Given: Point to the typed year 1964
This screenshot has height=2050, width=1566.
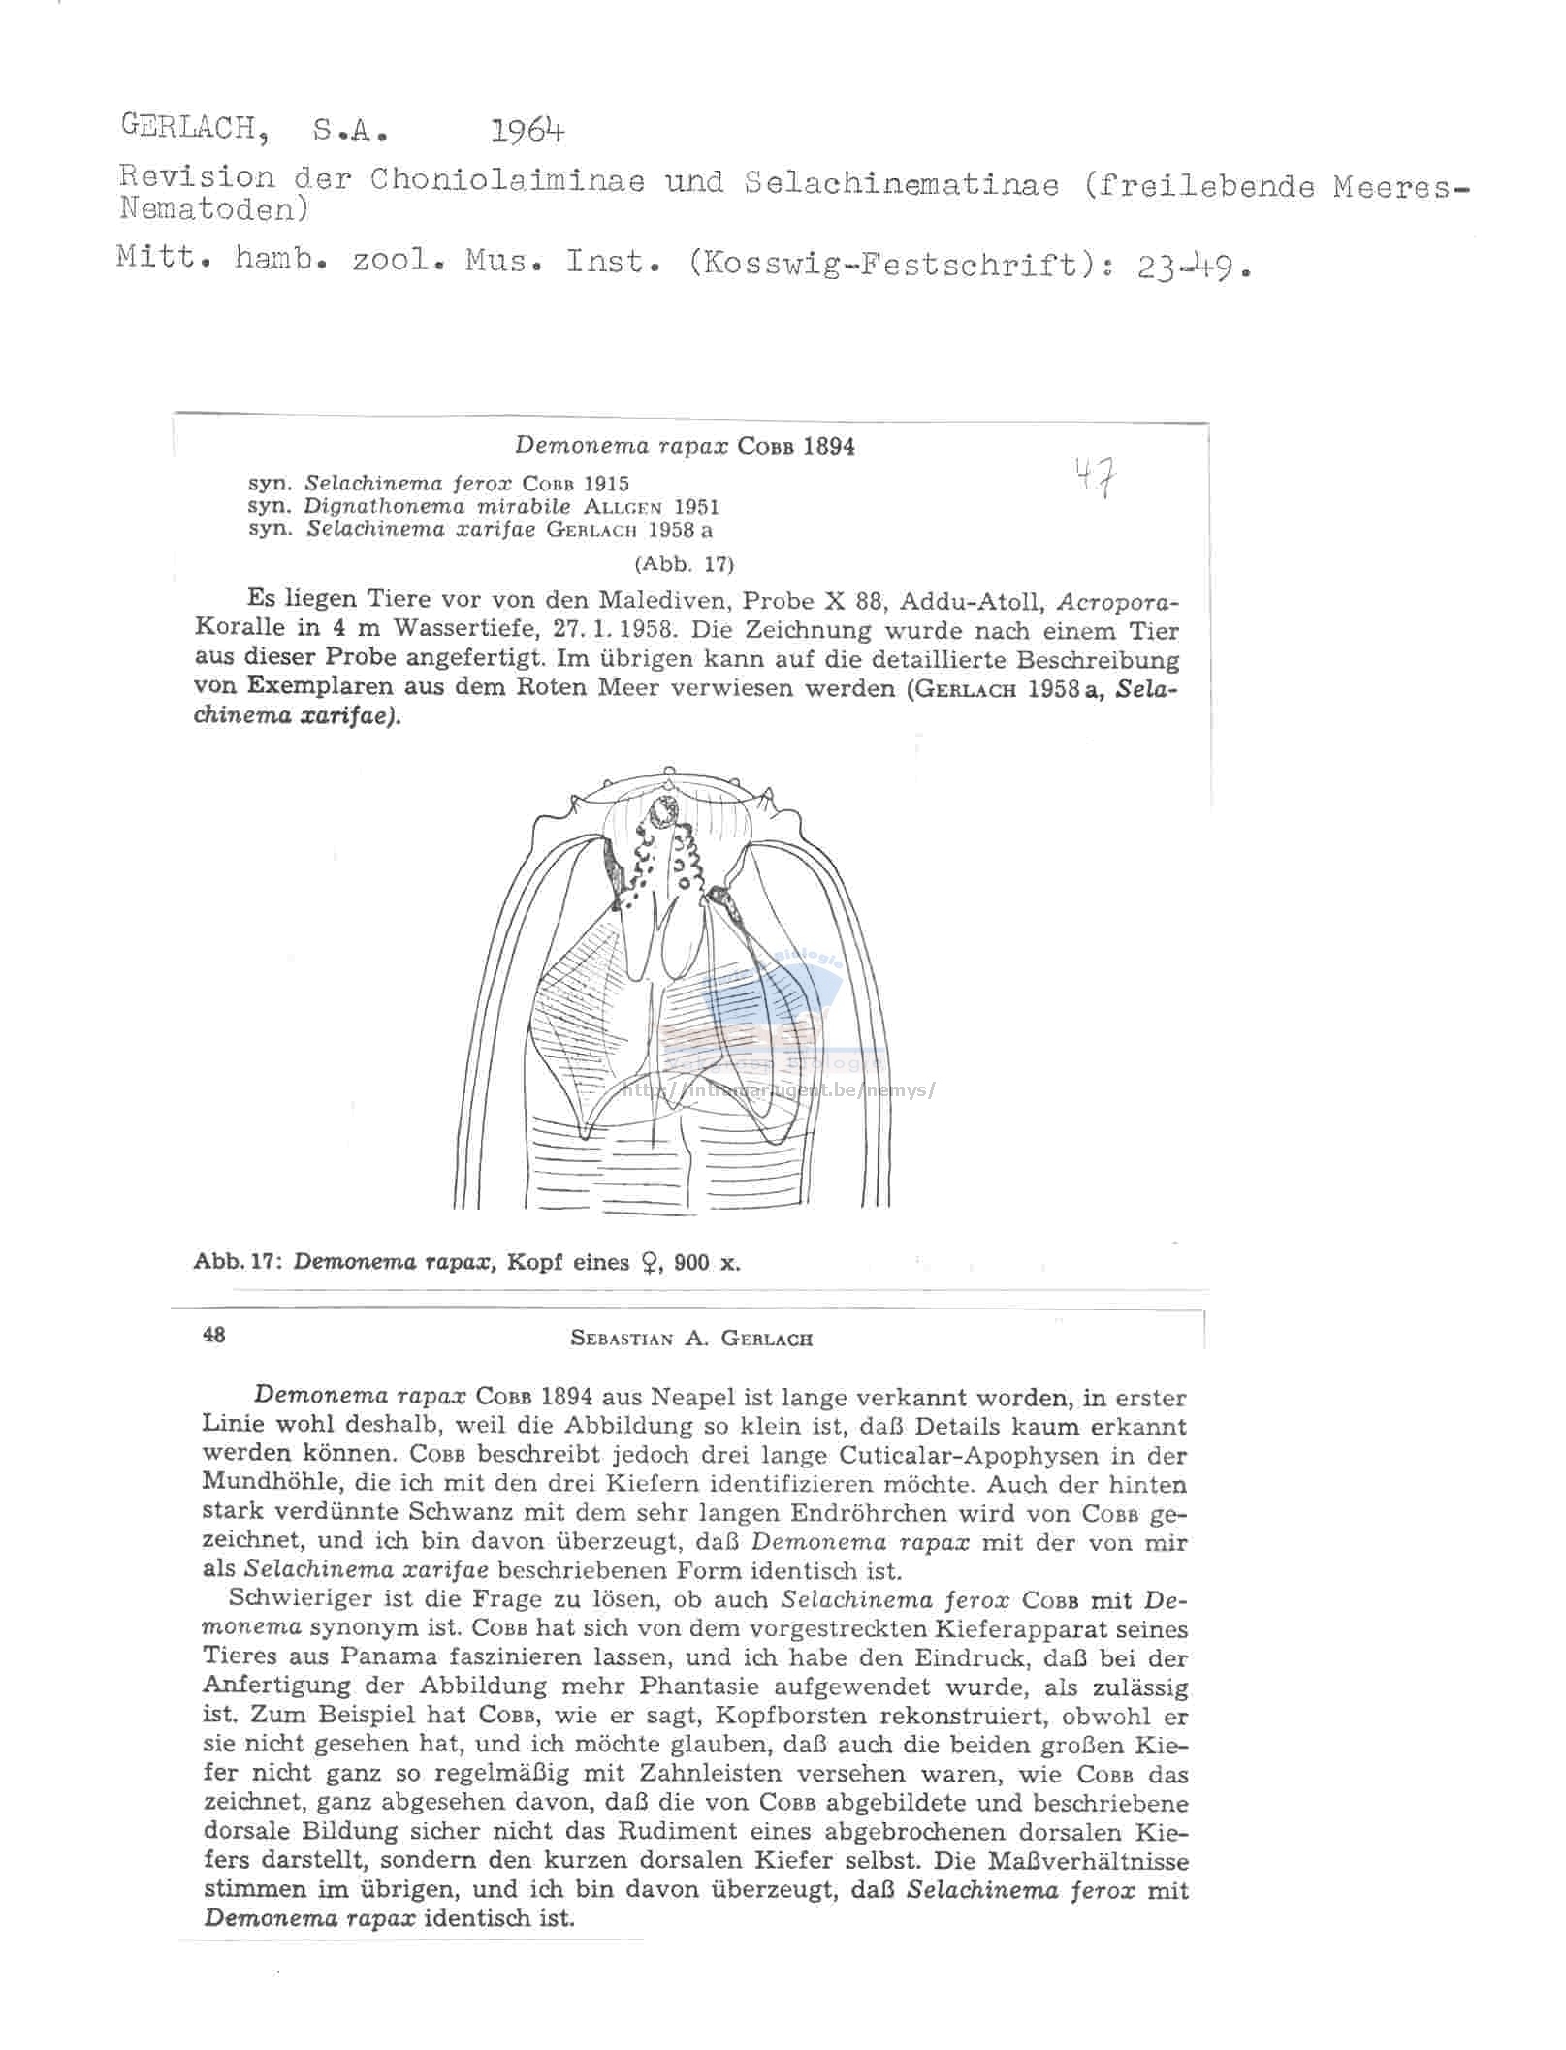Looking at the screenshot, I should coord(527,130).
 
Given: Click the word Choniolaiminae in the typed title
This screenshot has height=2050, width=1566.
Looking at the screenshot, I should coord(506,180).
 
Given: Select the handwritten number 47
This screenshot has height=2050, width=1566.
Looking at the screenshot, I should coord(1093,479).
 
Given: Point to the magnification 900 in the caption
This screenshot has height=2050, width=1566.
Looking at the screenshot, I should coord(691,1262).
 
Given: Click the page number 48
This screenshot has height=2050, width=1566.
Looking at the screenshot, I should coord(214,1336).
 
